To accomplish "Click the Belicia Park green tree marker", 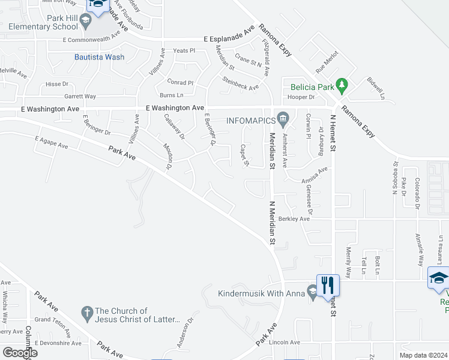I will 342,85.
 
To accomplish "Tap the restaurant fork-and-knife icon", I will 328,284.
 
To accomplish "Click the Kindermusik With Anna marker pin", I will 312,292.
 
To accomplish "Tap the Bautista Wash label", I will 99,58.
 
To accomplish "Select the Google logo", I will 20,352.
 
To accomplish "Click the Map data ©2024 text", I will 423,355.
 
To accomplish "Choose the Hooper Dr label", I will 301,97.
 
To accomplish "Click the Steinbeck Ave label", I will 240,83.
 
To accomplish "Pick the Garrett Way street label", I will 80,96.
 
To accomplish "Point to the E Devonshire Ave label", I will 58,343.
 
